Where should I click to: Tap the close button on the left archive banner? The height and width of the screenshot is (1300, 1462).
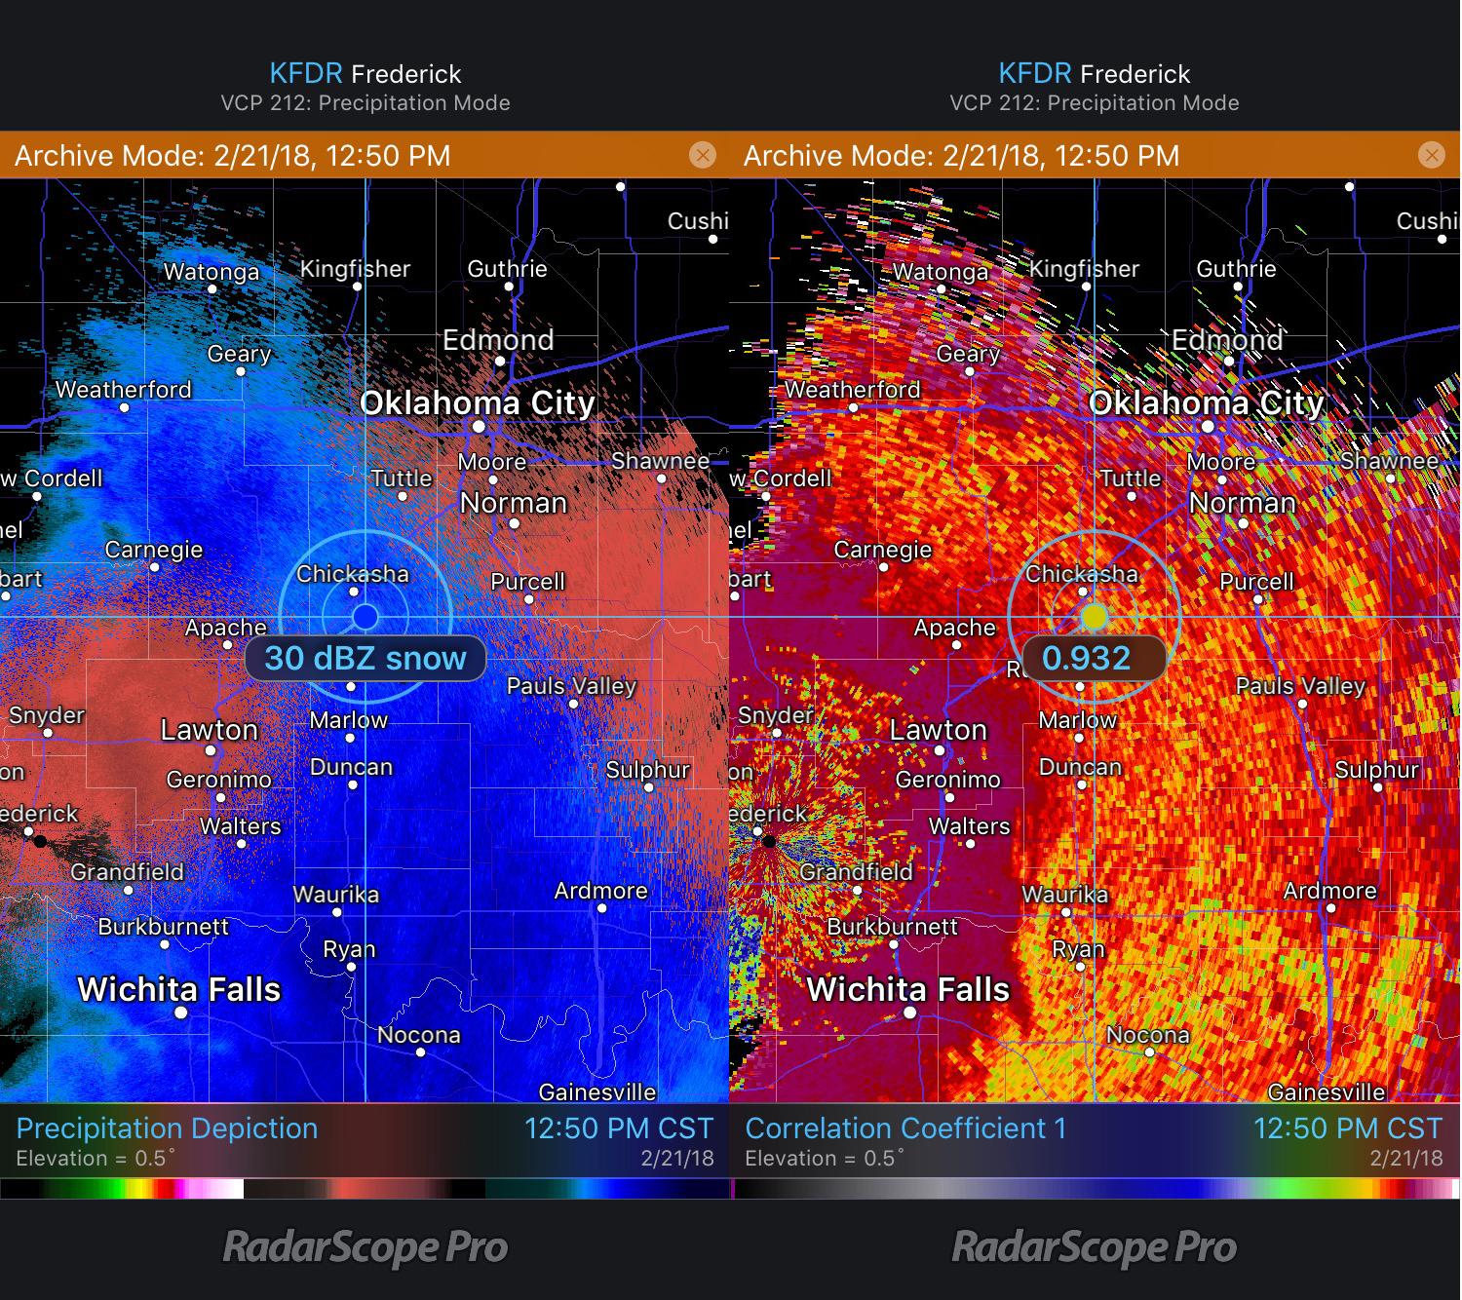[x=702, y=155]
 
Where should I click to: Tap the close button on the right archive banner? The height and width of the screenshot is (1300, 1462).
[x=1431, y=155]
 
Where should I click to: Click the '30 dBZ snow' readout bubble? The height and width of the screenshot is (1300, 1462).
[x=365, y=659]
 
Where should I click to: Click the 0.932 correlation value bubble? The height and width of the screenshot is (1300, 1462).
[x=1086, y=659]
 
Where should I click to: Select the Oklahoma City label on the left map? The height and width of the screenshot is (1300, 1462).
[x=477, y=402]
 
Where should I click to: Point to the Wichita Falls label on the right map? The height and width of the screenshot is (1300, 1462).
[x=907, y=989]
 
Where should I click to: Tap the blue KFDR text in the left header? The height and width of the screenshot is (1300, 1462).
[x=305, y=74]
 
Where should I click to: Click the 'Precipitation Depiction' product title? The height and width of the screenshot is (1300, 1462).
[x=167, y=1128]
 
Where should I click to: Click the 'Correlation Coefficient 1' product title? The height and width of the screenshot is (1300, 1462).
[x=905, y=1128]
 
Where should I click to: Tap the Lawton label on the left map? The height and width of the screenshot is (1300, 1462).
[x=209, y=729]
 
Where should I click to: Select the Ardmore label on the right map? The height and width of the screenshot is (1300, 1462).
[x=1329, y=891]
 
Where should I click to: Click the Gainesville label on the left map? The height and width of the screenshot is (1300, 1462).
[x=596, y=1092]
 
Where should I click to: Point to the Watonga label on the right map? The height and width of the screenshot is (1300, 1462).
[x=940, y=272]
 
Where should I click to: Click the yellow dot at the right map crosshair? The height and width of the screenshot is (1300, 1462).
[x=1094, y=617]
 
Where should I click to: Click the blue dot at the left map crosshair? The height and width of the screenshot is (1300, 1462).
[x=365, y=617]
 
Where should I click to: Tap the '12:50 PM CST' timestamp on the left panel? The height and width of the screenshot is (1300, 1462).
[x=618, y=1128]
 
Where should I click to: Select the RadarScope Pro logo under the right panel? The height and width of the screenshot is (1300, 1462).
[x=1094, y=1247]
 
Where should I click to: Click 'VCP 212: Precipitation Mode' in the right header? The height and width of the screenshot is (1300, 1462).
[x=1094, y=103]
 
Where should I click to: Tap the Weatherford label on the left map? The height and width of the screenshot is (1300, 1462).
[x=123, y=390]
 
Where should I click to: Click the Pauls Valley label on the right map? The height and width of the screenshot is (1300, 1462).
[x=1300, y=686]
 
